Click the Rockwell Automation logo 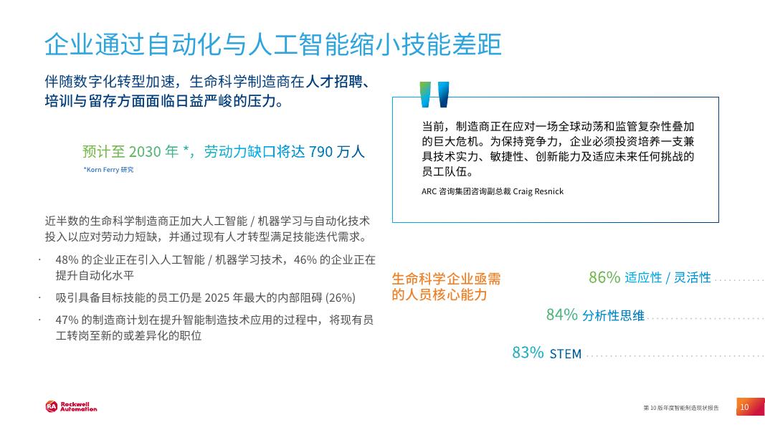tap(70, 407)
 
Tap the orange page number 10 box tap(744, 407)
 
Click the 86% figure tap(604, 277)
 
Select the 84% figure tap(561, 315)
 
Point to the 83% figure tap(527, 353)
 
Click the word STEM tap(566, 354)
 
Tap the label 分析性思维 tap(613, 315)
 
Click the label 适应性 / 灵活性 tap(667, 278)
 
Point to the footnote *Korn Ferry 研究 tap(108, 170)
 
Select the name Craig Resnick tap(537, 191)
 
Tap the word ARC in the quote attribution tap(429, 191)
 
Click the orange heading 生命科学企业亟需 tap(446, 279)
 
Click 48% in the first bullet tap(66, 259)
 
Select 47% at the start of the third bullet tap(66, 320)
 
